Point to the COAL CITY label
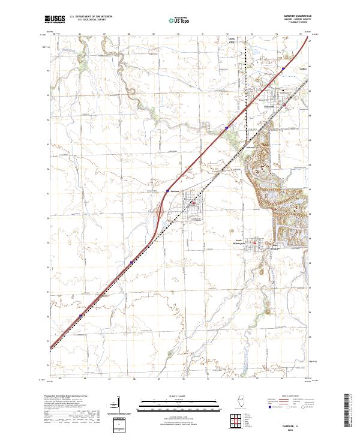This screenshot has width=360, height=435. [x=232, y=43]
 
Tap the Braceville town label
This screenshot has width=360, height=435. [x=269, y=107]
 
